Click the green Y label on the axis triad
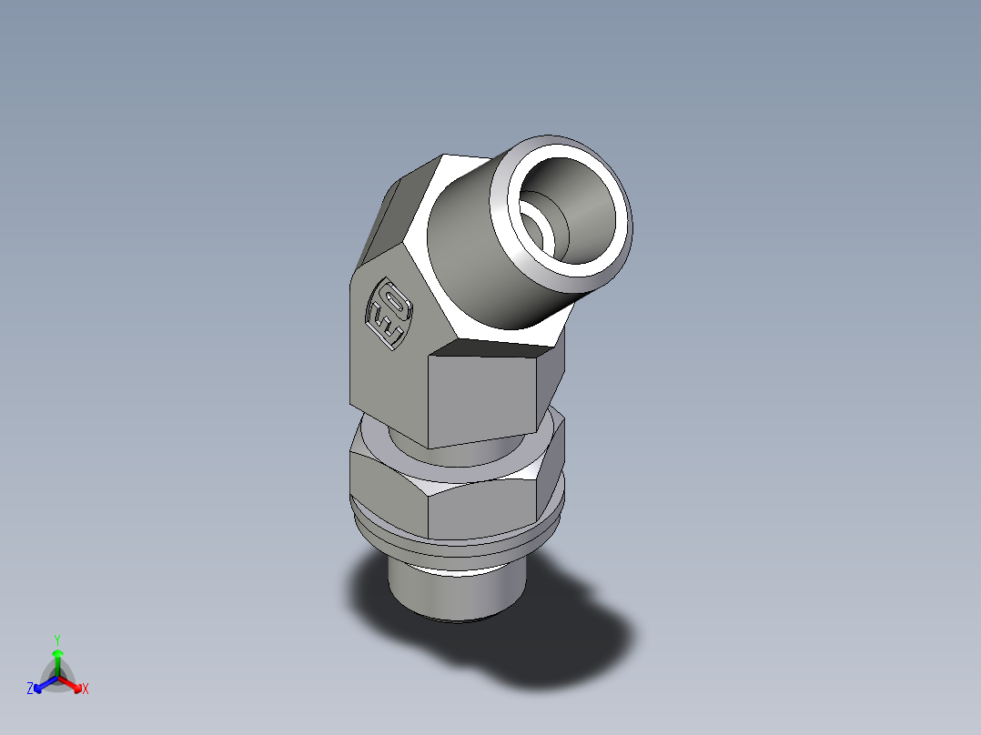tap(56, 639)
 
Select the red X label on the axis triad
tap(86, 690)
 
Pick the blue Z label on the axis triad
tap(30, 690)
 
